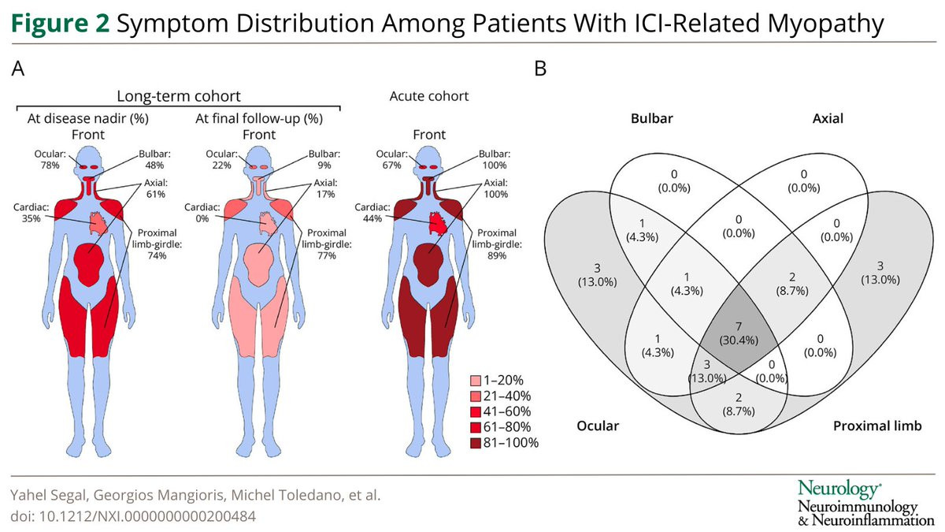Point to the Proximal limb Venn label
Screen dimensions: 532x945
coord(873,426)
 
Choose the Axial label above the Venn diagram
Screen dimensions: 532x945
coord(827,119)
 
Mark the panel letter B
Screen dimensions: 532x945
coord(540,69)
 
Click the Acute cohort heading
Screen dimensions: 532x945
coord(429,96)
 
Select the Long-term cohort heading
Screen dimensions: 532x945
coord(179,96)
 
